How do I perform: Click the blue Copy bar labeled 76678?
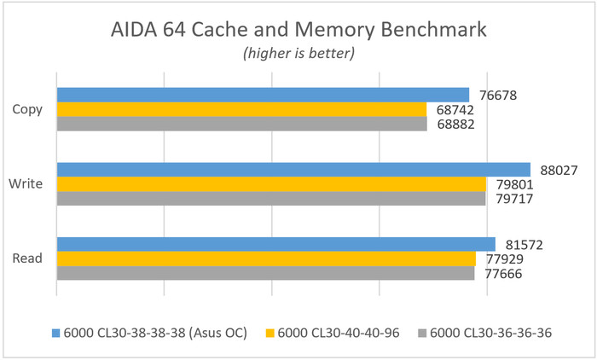click(263, 95)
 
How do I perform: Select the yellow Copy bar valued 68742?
click(241, 109)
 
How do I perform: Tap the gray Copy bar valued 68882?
click(241, 124)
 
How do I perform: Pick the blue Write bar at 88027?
click(293, 170)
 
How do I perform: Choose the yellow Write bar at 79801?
click(271, 184)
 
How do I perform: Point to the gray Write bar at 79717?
click(271, 199)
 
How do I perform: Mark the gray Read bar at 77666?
click(265, 274)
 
